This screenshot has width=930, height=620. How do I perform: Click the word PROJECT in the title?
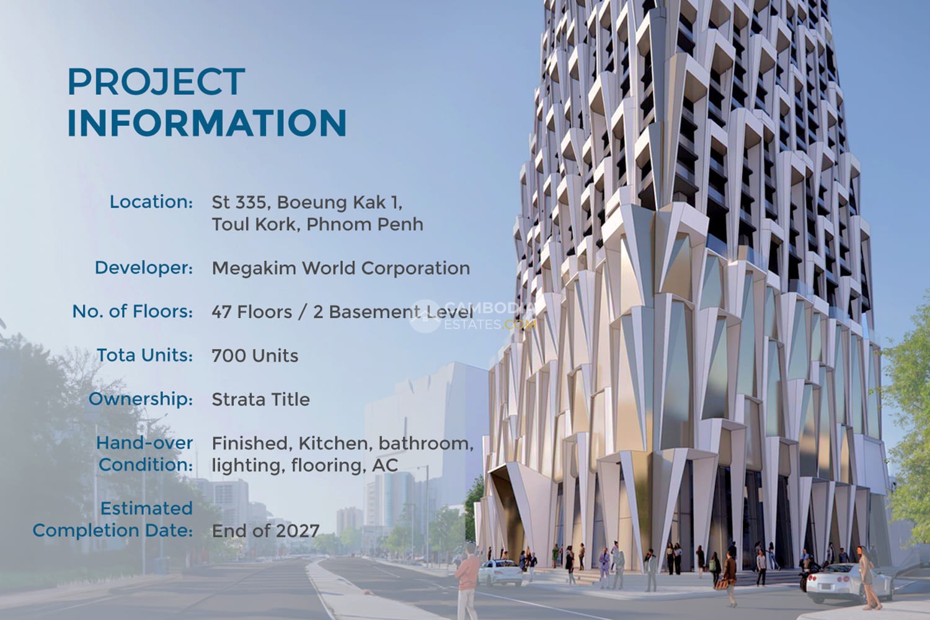tap(156, 81)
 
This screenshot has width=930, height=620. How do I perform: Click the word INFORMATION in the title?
tap(206, 123)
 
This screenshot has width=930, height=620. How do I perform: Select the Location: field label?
tap(151, 202)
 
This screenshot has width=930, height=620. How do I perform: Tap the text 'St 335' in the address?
tap(239, 202)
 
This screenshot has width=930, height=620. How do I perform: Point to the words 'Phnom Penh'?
tap(365, 224)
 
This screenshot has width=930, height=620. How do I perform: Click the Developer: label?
tap(144, 268)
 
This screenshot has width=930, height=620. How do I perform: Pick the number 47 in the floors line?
tap(221, 312)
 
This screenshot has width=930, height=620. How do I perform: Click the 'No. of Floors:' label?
tap(133, 311)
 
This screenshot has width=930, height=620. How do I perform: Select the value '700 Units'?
tap(255, 356)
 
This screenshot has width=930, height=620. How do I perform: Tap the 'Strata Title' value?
tap(261, 399)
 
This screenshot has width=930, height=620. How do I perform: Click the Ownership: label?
tap(141, 399)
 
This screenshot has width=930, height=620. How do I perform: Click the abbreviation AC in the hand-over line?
tap(385, 465)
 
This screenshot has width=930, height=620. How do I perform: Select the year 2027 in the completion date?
tap(297, 531)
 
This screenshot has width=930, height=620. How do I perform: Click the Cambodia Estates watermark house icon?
tap(425, 316)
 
